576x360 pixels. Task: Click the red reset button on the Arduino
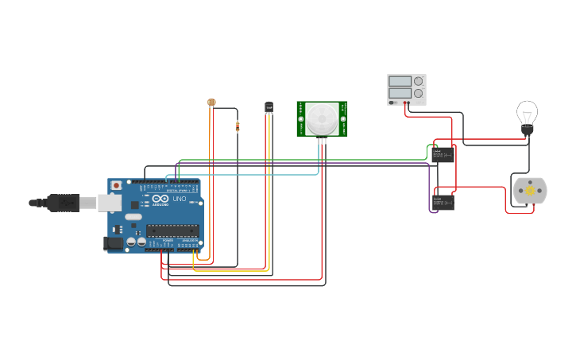(x=117, y=185)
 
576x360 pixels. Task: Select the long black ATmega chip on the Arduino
(x=172, y=230)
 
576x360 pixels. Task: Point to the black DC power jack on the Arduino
(x=114, y=243)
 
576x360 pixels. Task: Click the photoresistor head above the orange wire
(x=211, y=103)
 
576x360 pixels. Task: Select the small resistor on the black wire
(x=237, y=126)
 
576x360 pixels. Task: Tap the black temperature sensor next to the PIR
(x=269, y=106)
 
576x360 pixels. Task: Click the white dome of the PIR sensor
(x=323, y=118)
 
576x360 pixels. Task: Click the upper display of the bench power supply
(x=400, y=81)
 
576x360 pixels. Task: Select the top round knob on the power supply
(x=419, y=81)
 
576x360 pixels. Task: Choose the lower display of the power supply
(x=400, y=94)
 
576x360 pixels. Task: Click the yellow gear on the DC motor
(x=530, y=191)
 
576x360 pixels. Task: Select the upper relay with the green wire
(x=443, y=154)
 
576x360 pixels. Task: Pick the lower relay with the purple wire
(x=443, y=202)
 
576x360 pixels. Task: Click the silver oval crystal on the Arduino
(x=133, y=217)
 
